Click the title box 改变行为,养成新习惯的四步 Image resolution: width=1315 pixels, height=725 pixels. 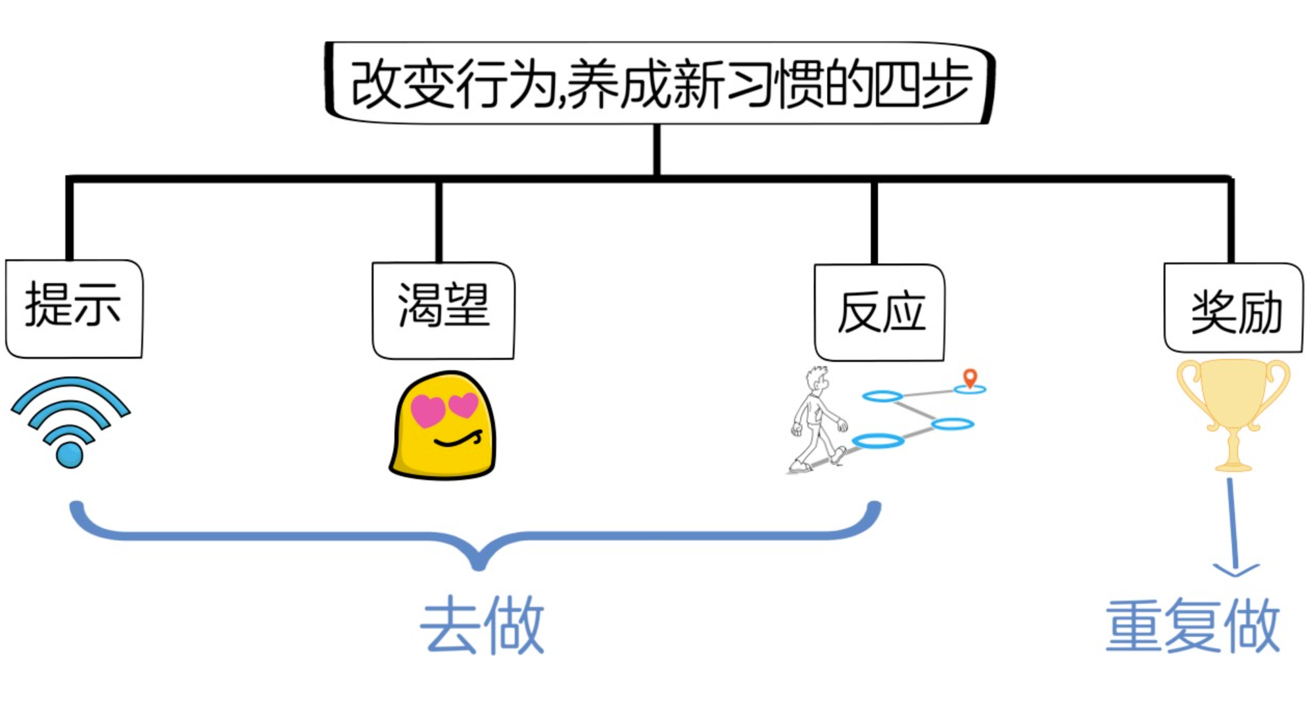coord(659,83)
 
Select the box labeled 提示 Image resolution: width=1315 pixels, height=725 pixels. coord(74,308)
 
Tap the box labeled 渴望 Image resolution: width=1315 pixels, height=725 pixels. coord(443,310)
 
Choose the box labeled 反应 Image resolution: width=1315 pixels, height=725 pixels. coord(879,312)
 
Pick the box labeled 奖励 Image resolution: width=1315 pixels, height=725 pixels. coord(1233,308)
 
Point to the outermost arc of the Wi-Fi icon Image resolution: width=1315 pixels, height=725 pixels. coord(70,384)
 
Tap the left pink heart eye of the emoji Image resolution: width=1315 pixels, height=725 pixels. coord(427,410)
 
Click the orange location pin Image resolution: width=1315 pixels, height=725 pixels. coord(970,377)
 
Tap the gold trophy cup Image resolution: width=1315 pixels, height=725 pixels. coord(1233,401)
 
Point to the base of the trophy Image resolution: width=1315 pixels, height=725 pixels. coord(1233,465)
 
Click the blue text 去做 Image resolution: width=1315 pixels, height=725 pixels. coord(482,626)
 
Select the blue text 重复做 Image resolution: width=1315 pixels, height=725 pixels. coord(1192,626)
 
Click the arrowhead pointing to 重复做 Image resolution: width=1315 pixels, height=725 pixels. coord(1236,569)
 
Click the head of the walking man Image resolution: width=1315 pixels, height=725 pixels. coord(817,379)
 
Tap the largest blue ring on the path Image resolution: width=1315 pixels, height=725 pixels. coord(878,440)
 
